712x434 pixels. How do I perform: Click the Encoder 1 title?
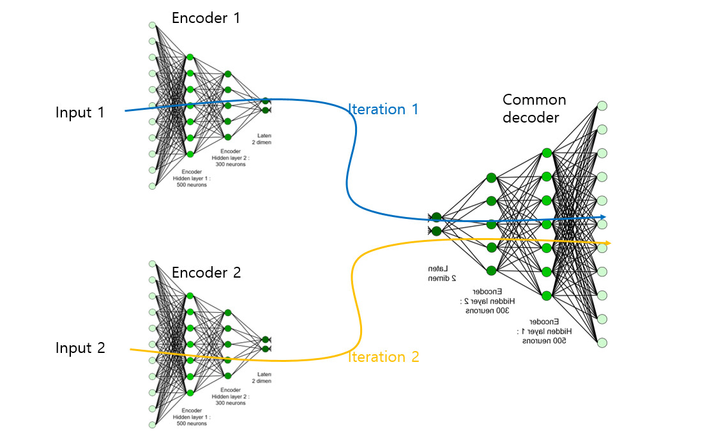tap(206, 18)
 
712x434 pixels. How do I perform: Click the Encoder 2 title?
tap(206, 273)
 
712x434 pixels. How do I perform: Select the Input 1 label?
tap(80, 113)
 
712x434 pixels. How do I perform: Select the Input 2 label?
tap(80, 348)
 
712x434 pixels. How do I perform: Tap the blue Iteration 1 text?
tap(383, 109)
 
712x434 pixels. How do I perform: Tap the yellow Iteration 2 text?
tap(383, 357)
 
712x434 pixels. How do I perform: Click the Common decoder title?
tap(534, 108)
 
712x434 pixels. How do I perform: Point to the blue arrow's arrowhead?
tap(603, 218)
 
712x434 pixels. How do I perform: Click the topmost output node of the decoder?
tap(602, 105)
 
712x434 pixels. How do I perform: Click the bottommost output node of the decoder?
tap(602, 342)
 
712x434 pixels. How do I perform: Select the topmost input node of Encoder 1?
tap(152, 25)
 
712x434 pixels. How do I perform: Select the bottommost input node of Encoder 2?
tap(152, 424)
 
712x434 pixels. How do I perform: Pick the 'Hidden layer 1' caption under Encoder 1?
tap(192, 179)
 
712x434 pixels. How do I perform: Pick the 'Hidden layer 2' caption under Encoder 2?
tap(230, 396)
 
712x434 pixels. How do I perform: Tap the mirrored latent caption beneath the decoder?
tap(441, 273)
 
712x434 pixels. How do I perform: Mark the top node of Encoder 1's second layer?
tap(190, 57)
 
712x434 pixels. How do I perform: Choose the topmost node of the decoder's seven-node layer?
tap(546, 153)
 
